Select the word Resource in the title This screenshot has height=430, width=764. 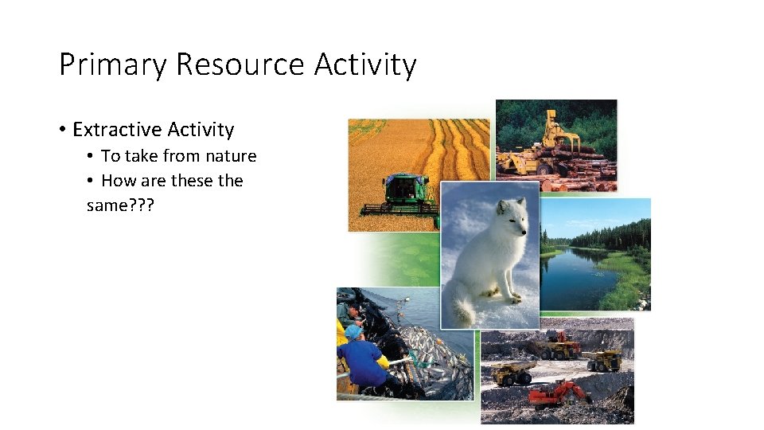pyautogui.click(x=240, y=65)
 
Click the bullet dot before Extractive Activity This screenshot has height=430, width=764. pyautogui.click(x=61, y=130)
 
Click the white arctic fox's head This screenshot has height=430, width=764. pyautogui.click(x=509, y=216)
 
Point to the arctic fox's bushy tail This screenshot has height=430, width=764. pyautogui.click(x=462, y=306)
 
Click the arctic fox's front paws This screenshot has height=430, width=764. pyautogui.click(x=509, y=298)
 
